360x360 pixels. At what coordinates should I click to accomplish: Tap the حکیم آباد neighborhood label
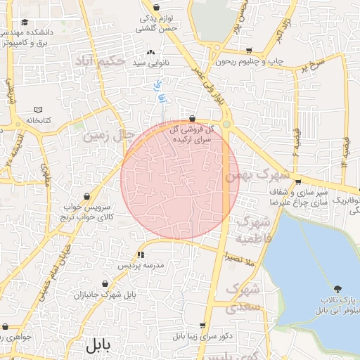[99, 61]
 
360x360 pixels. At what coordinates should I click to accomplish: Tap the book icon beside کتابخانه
[38, 110]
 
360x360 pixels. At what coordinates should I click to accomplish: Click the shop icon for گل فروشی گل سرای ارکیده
[193, 119]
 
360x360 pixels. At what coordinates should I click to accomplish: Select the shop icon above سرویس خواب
[86, 196]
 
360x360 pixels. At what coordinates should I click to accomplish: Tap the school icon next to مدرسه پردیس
[141, 255]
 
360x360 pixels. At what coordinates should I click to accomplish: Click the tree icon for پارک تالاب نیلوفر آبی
[338, 289]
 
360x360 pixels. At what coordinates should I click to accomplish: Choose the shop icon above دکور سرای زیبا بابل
[202, 326]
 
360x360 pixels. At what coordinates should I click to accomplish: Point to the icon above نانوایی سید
[150, 52]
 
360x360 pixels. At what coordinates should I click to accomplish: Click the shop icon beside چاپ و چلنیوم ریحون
[250, 50]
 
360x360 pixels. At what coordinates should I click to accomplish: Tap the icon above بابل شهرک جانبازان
[104, 284]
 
